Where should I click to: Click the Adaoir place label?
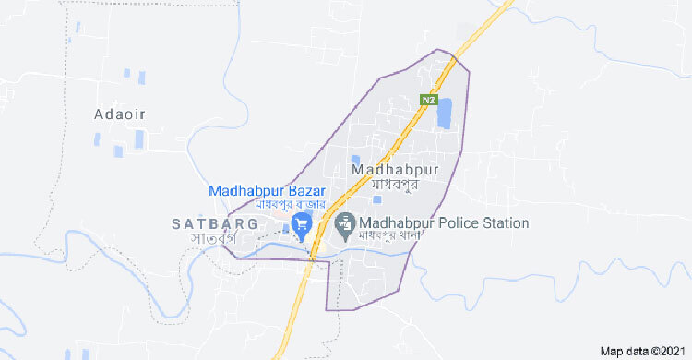121,114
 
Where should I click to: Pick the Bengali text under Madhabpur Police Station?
390,236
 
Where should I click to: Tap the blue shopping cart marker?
301,224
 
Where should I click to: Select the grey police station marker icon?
345,222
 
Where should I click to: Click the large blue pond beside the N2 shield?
446,114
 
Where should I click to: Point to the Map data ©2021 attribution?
643,352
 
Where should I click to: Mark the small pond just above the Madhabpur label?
354,159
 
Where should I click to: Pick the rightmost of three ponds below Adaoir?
139,139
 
